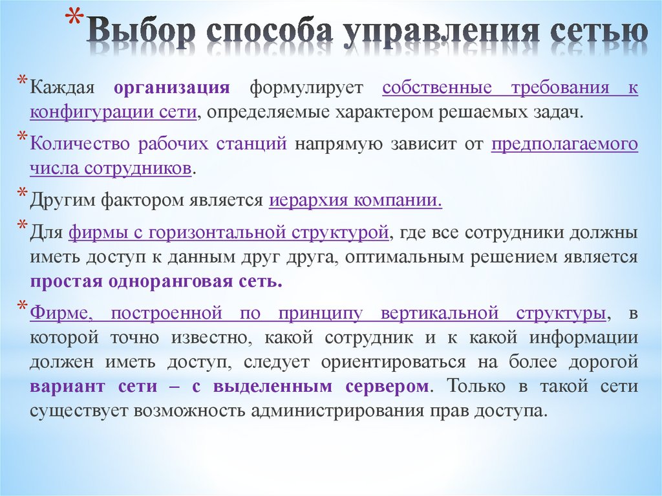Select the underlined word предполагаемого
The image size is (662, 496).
(564, 144)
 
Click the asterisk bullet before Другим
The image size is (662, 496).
(21, 193)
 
